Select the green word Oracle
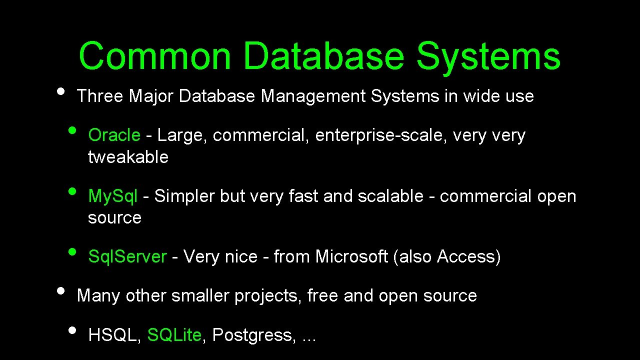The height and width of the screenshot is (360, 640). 114,135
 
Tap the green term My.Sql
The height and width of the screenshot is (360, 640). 112,196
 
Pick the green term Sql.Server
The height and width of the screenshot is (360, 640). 127,256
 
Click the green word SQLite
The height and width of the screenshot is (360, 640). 174,335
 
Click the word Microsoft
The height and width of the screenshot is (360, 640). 351,256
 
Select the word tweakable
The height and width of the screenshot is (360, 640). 128,157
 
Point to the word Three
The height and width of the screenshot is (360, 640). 100,96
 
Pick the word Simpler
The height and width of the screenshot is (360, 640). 185,196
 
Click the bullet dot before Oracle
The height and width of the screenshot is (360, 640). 73,131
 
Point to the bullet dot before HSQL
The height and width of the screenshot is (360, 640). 73,330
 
